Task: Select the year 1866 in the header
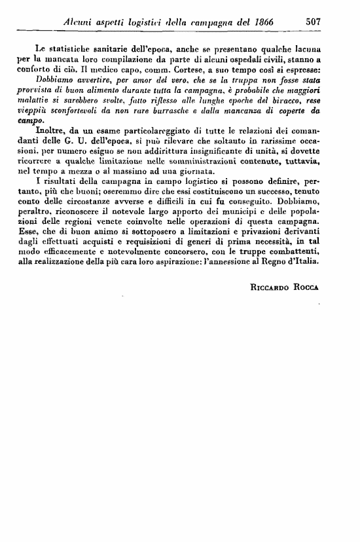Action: pyautogui.click(x=259, y=22)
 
